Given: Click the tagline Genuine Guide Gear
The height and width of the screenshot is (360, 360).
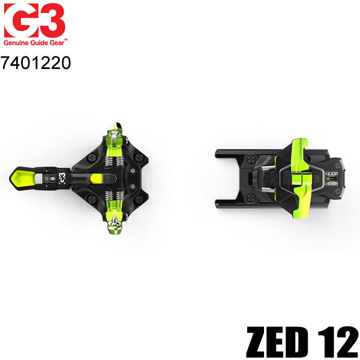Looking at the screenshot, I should [37, 43].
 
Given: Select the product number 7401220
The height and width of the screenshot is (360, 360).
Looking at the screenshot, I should [37, 62].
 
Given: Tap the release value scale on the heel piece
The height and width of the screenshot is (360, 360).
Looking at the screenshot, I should [330, 175].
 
